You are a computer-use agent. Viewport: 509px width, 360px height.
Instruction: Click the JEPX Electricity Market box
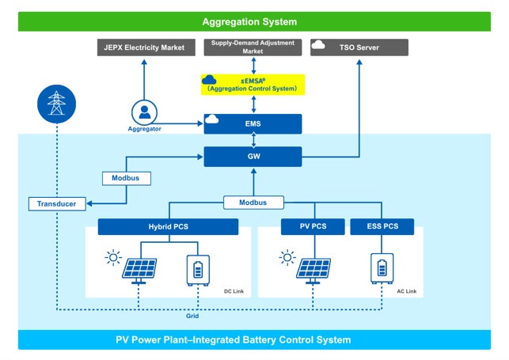pyautogui.click(x=146, y=47)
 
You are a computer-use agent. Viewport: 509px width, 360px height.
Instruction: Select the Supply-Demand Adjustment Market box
pyautogui.click(x=253, y=47)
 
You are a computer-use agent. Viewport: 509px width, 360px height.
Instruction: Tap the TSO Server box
pyautogui.click(x=359, y=47)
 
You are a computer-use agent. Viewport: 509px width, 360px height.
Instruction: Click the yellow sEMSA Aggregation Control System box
pyautogui.click(x=253, y=85)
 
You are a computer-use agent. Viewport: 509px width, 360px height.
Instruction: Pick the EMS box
pyautogui.click(x=253, y=124)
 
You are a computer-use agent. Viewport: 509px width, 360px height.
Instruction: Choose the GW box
pyautogui.click(x=253, y=157)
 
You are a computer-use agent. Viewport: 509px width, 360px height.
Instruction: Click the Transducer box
pyautogui.click(x=57, y=204)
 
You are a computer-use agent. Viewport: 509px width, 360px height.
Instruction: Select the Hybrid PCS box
pyautogui.click(x=168, y=227)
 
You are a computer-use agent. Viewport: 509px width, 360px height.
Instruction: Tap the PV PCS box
pyautogui.click(x=313, y=226)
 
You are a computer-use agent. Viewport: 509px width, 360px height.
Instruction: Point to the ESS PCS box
pyautogui.click(x=382, y=226)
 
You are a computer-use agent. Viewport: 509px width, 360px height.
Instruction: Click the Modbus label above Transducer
pyautogui.click(x=127, y=178)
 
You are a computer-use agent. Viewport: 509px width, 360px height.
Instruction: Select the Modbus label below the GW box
pyautogui.click(x=253, y=203)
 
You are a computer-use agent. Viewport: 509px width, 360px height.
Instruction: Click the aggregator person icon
pyautogui.click(x=144, y=112)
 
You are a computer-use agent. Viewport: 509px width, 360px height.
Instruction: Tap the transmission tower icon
pyautogui.click(x=56, y=104)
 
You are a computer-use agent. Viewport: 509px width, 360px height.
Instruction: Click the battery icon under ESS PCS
pyautogui.click(x=382, y=268)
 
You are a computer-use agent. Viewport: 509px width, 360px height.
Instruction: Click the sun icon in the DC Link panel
pyautogui.click(x=113, y=258)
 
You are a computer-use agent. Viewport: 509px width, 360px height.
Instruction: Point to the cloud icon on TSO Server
pyautogui.click(x=318, y=45)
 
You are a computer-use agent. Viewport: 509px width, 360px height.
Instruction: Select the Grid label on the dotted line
pyautogui.click(x=192, y=316)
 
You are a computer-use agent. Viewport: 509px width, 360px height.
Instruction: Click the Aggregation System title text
pyautogui.click(x=249, y=21)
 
